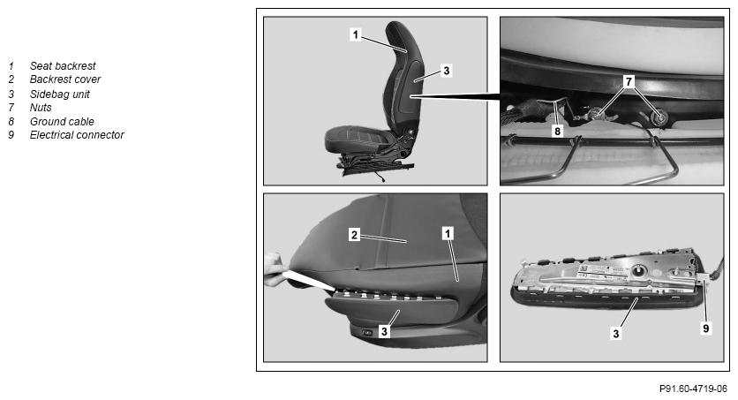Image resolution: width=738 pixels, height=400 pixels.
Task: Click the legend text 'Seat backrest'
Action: [63, 66]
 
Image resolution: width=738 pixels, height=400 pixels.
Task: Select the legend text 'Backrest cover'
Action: [65, 79]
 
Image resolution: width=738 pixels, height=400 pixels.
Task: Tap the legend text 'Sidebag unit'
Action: [59, 94]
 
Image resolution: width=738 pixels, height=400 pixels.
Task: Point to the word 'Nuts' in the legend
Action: [41, 108]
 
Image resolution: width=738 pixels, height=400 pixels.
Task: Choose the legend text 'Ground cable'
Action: [62, 121]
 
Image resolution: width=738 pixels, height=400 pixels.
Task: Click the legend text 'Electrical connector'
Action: [77, 135]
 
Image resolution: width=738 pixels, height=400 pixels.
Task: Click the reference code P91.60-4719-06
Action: [693, 389]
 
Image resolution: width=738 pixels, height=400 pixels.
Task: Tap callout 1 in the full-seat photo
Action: [356, 34]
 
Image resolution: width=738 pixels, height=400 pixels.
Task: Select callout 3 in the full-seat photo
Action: [446, 71]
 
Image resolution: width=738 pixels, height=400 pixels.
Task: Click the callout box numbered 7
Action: [629, 81]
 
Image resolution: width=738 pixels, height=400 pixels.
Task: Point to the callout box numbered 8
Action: [557, 131]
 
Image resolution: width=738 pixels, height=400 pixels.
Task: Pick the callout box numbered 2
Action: [354, 234]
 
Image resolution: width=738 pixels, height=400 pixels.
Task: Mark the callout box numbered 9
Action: [705, 328]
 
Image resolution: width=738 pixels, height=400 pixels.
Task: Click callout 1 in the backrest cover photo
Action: [448, 233]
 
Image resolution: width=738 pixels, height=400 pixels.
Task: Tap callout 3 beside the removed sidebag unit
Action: [615, 334]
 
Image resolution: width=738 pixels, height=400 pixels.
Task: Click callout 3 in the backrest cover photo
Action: [384, 331]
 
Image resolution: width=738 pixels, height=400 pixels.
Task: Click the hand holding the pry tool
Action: [275, 270]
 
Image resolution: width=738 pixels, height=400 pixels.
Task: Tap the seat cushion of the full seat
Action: [360, 140]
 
